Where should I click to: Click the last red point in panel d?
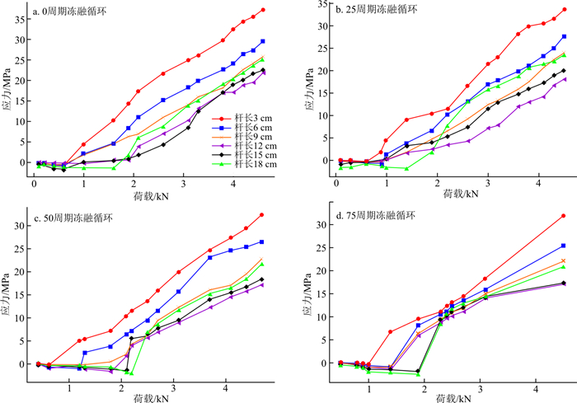563,216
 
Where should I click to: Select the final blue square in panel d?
563,246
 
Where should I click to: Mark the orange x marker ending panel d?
563,260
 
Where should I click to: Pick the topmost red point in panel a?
262,10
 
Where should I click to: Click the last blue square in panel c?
261,242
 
